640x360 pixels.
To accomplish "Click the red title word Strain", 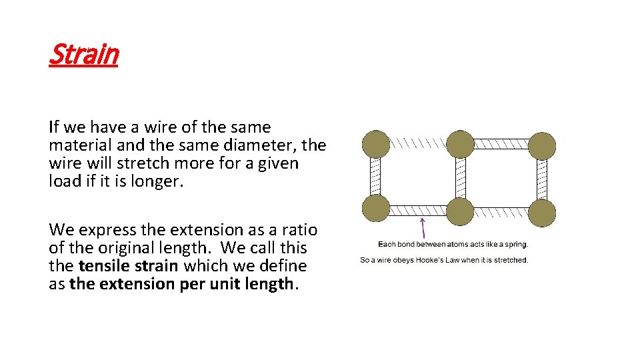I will click(83, 54).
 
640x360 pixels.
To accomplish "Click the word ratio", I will click(301, 230).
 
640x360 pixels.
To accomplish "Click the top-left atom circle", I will click(376, 144).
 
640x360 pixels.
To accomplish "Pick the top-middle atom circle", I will click(460, 144).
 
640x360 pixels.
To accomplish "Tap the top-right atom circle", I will click(542, 146).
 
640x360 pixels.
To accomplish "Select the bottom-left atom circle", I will click(376, 208).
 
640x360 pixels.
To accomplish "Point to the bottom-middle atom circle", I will click(460, 211).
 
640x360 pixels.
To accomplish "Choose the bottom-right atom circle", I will click(542, 212).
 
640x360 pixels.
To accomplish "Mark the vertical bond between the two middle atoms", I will click(460, 178).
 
